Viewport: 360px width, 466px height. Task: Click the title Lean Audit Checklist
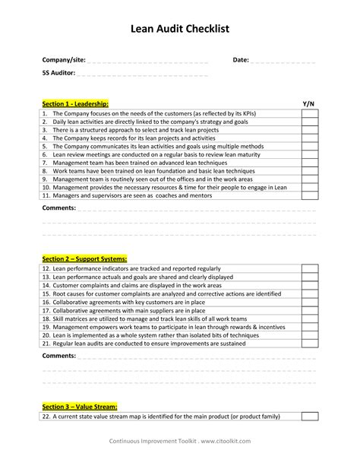[x=179, y=30]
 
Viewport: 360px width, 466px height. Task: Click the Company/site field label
[x=64, y=60]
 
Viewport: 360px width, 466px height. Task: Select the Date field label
[x=241, y=60]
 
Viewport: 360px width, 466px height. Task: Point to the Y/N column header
[x=308, y=103]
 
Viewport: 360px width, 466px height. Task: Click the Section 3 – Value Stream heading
[x=80, y=407]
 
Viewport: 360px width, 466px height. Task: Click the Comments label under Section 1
[x=58, y=208]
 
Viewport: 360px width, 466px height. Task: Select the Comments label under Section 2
[x=58, y=355]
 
